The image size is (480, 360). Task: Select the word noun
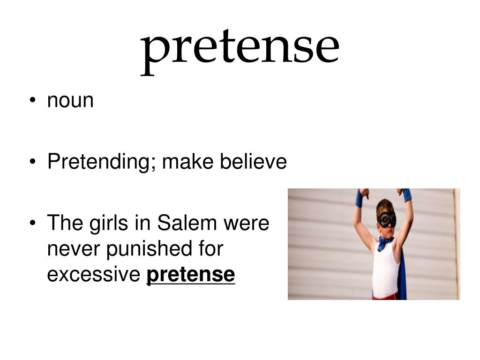(x=70, y=101)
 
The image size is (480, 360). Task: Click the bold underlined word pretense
(x=190, y=275)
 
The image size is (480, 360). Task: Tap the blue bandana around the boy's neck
(x=385, y=242)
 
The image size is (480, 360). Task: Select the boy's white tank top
(x=385, y=270)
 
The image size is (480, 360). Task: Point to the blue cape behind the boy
(x=402, y=277)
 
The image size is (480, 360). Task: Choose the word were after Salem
(x=247, y=223)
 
